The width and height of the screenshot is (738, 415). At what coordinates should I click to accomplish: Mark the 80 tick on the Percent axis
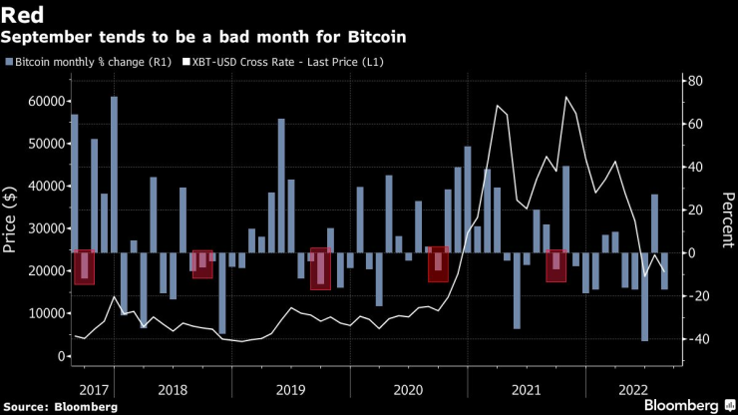click(695, 81)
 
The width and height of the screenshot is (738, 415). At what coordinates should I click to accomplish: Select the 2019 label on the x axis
click(290, 390)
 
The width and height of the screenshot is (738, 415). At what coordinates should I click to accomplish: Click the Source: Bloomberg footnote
click(60, 407)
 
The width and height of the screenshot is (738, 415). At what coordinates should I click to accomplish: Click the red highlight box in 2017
click(85, 267)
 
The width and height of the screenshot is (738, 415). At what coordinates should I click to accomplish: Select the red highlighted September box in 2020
click(438, 264)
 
